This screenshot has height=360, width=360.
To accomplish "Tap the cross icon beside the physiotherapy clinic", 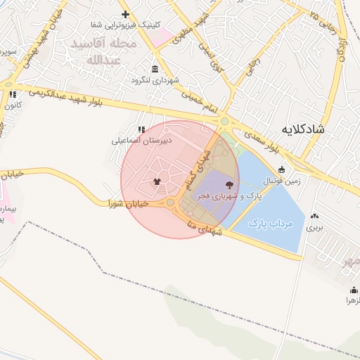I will coord(125,14).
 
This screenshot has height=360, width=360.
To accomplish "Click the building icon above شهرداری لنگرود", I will coord(155,69).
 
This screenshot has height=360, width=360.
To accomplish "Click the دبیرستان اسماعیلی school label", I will coord(141,141).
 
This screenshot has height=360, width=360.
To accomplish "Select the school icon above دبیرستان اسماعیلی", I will coord(141,129).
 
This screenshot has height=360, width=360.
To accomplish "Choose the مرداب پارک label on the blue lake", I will coord(270,223).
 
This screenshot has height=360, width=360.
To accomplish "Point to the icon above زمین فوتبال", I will coord(282,169).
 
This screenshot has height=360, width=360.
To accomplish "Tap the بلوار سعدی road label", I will coord(264,139).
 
